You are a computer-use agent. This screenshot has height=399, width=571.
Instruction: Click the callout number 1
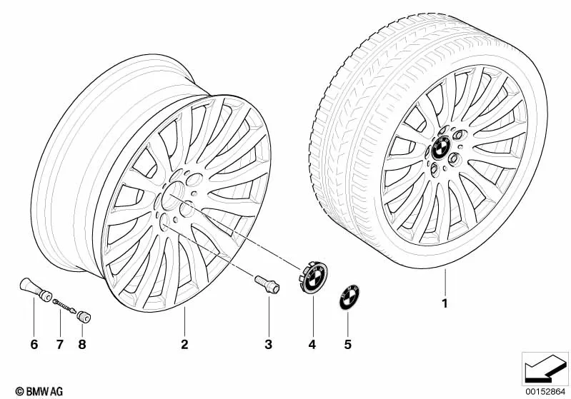point(445,303)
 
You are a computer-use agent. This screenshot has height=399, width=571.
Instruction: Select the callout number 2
point(184,344)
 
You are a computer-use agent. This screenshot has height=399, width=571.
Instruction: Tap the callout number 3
point(269,344)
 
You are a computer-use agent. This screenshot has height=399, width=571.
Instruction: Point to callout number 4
point(312,344)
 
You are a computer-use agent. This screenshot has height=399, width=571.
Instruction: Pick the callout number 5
point(348,344)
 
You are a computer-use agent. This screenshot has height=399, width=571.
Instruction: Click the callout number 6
point(34,344)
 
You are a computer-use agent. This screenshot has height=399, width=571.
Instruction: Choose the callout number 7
point(60,344)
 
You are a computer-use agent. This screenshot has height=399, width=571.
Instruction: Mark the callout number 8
point(82,344)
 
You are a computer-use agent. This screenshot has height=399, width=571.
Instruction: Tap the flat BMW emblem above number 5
point(349,297)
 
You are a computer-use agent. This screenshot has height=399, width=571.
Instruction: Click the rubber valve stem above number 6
point(35,290)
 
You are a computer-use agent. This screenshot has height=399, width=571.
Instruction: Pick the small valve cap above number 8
point(84,317)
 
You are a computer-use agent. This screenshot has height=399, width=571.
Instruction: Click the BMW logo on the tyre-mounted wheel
point(441,148)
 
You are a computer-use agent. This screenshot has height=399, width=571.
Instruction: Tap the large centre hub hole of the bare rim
point(173,196)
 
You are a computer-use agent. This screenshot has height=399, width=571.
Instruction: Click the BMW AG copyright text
point(39,391)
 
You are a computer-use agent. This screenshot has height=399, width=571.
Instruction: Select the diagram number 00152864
point(545,391)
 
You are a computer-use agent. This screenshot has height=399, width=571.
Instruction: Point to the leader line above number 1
point(445,282)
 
